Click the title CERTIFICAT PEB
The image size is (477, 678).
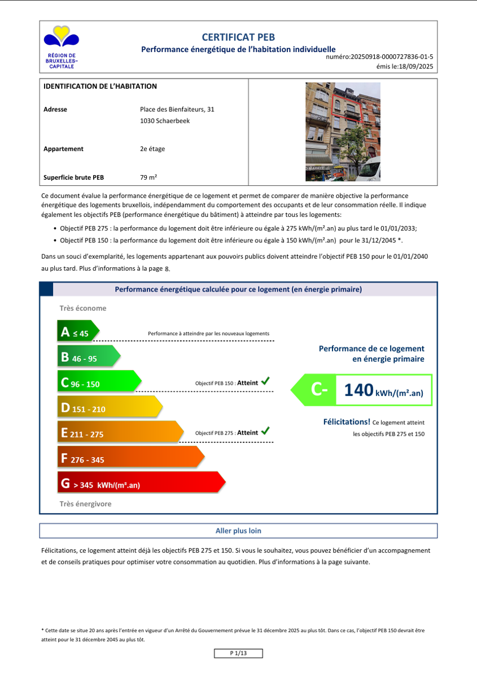(x=238, y=37)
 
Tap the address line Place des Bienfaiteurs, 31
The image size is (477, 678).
(x=177, y=110)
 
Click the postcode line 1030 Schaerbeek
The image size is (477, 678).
(x=163, y=120)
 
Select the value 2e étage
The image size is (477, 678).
(x=152, y=149)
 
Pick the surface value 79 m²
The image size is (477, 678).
(x=148, y=177)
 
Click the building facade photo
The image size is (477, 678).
(x=343, y=132)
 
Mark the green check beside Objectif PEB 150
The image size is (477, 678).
(x=265, y=382)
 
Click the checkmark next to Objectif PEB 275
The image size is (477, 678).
(x=265, y=432)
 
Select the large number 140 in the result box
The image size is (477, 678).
(x=358, y=390)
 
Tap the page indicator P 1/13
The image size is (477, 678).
(x=238, y=653)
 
